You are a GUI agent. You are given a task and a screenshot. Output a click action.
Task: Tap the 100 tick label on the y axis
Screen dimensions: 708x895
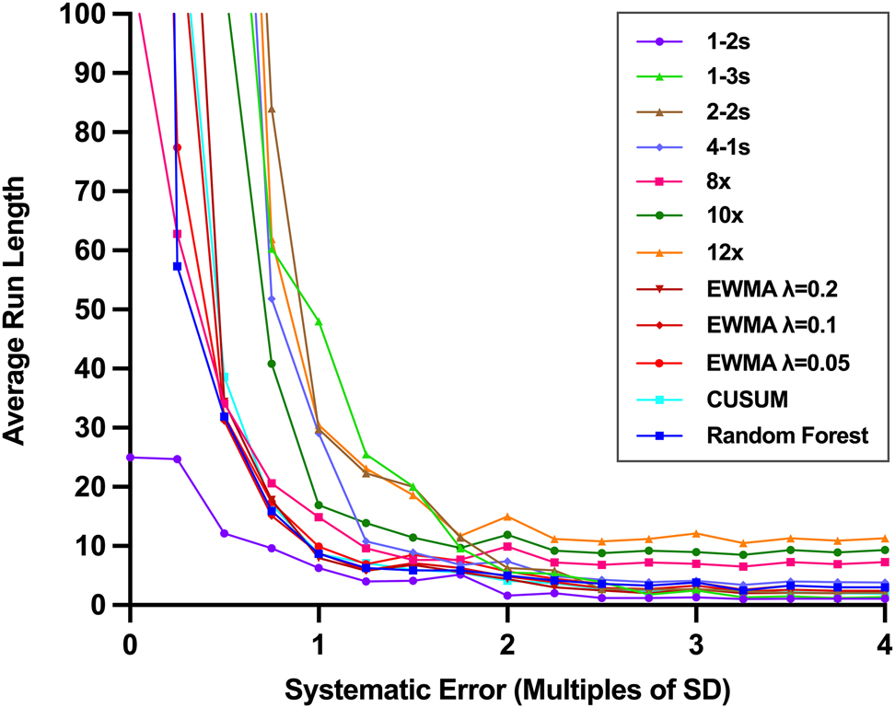point(94,15)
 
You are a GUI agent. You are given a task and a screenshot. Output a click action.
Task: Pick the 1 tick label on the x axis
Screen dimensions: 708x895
point(319,641)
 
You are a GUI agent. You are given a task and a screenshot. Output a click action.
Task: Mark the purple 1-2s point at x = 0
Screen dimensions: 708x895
point(131,457)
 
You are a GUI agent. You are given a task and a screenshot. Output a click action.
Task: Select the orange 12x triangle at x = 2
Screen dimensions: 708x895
point(507,516)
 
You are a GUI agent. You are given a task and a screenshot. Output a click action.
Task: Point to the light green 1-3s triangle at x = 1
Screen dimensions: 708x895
point(319,321)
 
